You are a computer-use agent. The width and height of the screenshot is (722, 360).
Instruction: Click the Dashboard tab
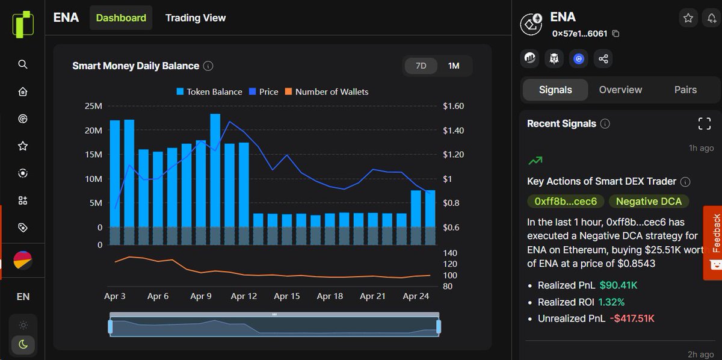pyautogui.click(x=121, y=17)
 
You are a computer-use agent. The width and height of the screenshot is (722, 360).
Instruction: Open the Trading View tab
pyautogui.click(x=196, y=17)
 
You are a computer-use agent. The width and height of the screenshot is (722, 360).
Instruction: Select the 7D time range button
pyautogui.click(x=421, y=66)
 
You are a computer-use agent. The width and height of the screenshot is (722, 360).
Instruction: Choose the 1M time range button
pyautogui.click(x=454, y=66)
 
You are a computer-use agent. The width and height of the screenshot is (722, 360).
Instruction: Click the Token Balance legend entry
pyautogui.click(x=209, y=92)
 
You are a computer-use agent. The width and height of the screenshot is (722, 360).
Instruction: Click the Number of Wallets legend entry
pyautogui.click(x=327, y=92)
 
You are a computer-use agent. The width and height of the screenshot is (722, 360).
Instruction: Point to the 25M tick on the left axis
pyautogui.click(x=93, y=106)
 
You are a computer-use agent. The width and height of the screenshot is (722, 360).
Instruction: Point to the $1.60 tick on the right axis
pyautogui.click(x=454, y=106)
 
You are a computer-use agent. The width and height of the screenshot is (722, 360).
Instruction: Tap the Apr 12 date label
pyautogui.click(x=244, y=296)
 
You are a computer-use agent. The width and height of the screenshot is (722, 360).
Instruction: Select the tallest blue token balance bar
pyautogui.click(x=215, y=170)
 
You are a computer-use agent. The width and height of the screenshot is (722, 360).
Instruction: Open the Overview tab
pyautogui.click(x=620, y=90)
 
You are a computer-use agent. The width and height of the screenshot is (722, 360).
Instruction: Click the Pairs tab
pyautogui.click(x=685, y=90)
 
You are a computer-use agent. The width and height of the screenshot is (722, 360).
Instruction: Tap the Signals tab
pyautogui.click(x=555, y=90)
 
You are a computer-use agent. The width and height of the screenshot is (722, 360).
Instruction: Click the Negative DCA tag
pyautogui.click(x=649, y=201)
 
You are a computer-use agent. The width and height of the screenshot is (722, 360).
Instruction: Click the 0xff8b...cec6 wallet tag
pyautogui.click(x=566, y=201)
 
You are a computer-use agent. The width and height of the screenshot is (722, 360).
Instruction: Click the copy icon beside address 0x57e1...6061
pyautogui.click(x=616, y=34)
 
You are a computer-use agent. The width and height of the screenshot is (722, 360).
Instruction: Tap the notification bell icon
pyautogui.click(x=712, y=18)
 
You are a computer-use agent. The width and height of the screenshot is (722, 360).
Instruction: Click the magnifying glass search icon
pyautogui.click(x=23, y=64)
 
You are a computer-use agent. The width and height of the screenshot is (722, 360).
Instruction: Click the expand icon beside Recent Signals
pyautogui.click(x=705, y=123)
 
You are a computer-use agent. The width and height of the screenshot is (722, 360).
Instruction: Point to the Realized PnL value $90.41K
pyautogui.click(x=619, y=285)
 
